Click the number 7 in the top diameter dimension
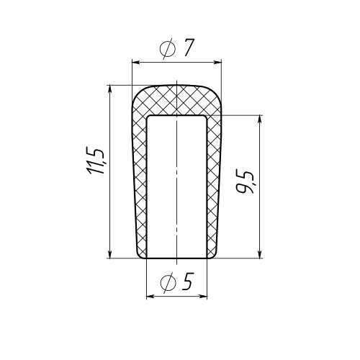tap(189, 48)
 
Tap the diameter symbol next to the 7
tap(168, 49)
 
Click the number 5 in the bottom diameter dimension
tap(188, 282)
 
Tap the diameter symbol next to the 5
tap(168, 283)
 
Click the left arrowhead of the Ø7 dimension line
tap(136, 63)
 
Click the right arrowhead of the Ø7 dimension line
tap(217, 63)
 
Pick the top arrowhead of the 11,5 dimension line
tap(110, 89)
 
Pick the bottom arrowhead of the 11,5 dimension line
tap(110, 254)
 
